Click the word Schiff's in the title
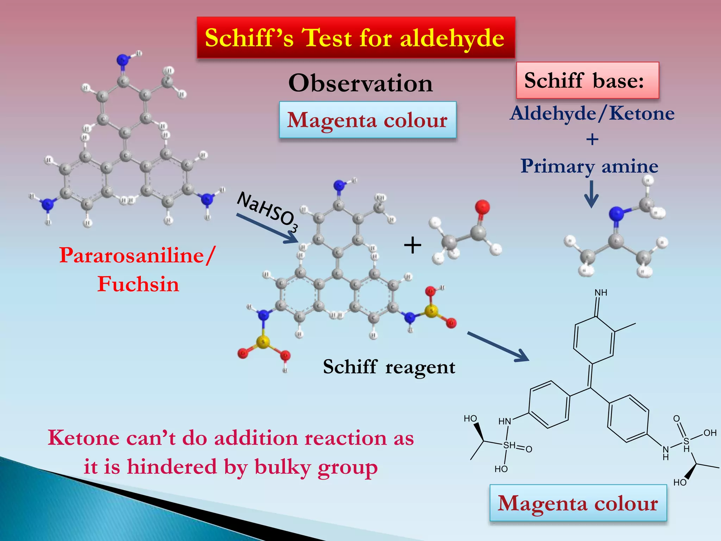click(249, 38)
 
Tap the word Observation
click(360, 83)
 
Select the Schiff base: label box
click(587, 80)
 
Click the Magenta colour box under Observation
click(368, 120)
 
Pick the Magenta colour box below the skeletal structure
click(578, 503)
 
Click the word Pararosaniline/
click(137, 255)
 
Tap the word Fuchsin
click(138, 284)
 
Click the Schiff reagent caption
click(389, 367)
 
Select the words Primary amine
click(589, 166)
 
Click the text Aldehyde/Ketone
click(592, 113)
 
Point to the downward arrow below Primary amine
click(591, 194)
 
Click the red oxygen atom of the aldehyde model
click(482, 207)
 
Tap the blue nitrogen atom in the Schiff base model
click(616, 213)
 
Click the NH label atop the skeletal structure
click(601, 293)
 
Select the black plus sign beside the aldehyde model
click(412, 245)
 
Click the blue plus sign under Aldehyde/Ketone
click(592, 139)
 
